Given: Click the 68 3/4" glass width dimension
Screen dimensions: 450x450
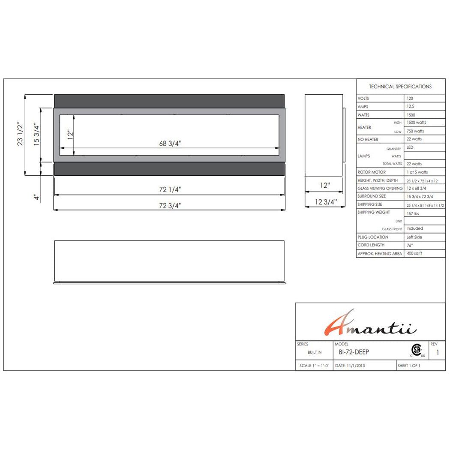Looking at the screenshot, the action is click(170, 143).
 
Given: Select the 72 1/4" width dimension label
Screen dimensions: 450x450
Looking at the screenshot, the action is click(170, 189).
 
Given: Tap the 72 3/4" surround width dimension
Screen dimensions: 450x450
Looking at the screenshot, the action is click(170, 205).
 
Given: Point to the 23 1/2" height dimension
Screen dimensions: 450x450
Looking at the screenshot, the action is click(20, 133).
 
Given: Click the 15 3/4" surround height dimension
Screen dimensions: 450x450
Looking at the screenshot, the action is click(36, 134).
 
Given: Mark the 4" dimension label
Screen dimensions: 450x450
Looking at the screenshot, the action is click(36, 197).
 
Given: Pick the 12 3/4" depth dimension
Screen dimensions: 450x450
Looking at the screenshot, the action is click(326, 202).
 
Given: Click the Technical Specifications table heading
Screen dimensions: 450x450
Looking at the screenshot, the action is click(400, 87).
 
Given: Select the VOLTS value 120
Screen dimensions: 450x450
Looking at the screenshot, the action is click(410, 98).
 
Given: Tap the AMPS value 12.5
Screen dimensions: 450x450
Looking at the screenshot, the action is click(411, 106).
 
